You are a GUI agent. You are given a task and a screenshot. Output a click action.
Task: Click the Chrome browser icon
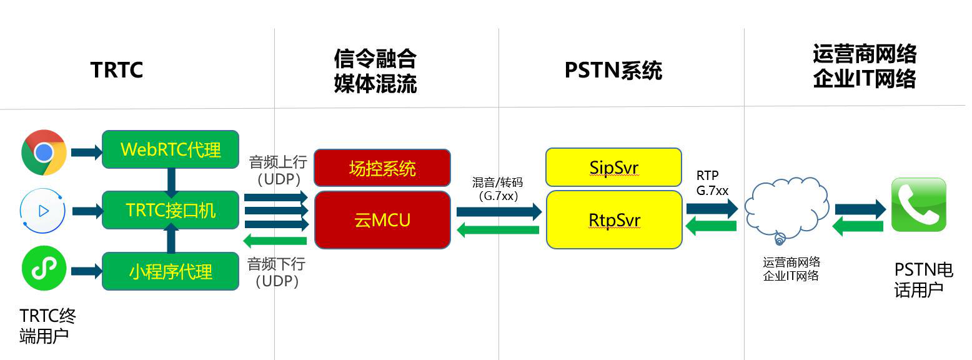[x=44, y=152]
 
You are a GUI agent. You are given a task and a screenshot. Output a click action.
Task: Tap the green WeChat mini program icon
[x=44, y=269]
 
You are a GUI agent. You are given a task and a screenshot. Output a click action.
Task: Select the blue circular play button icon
[x=42, y=211]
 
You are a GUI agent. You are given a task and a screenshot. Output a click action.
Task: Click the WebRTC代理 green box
[x=171, y=149]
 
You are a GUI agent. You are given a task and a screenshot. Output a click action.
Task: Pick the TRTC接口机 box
[x=171, y=210]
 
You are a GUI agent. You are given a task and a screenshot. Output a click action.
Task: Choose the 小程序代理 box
[x=171, y=271]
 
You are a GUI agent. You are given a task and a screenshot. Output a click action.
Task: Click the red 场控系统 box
[x=382, y=168]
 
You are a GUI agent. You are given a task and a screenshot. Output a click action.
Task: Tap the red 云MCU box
[x=382, y=220]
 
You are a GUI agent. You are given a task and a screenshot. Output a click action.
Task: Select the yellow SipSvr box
[x=613, y=167]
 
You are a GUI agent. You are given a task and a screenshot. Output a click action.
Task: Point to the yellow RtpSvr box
[x=614, y=220]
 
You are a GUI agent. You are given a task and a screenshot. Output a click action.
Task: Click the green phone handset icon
[x=919, y=204]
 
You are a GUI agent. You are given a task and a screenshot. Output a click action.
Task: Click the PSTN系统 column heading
[x=613, y=71]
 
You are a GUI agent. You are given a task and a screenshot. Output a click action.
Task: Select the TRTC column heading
[x=117, y=70]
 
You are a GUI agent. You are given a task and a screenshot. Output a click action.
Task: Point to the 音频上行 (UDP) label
[x=278, y=170]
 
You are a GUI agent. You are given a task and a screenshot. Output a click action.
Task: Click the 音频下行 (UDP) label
[x=276, y=272]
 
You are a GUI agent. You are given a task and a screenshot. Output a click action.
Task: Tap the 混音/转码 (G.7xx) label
[x=498, y=189]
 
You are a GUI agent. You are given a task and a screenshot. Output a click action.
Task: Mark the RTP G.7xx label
[x=712, y=183]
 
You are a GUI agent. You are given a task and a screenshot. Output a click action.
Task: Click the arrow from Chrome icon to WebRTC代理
[x=87, y=152]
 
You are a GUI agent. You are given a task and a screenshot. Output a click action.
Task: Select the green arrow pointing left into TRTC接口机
[x=275, y=241]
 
